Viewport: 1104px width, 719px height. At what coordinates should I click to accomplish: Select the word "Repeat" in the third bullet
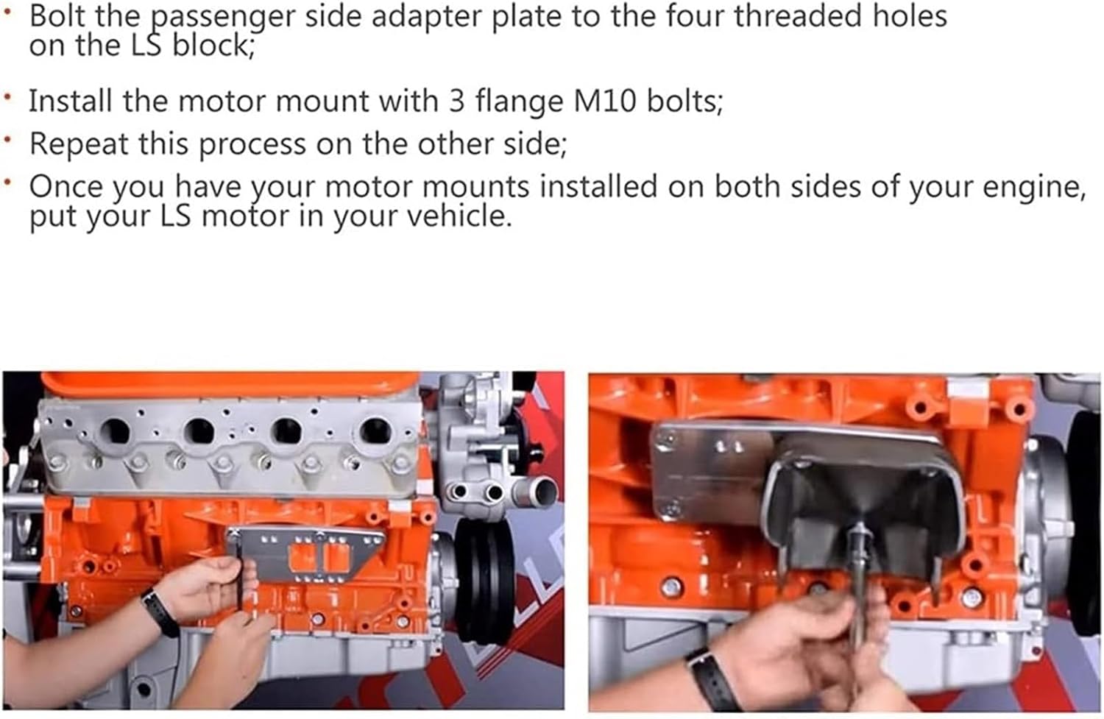(79, 144)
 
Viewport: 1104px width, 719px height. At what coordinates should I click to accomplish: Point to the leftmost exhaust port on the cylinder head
(115, 431)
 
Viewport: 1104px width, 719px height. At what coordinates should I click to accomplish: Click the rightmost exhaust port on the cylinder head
(375, 431)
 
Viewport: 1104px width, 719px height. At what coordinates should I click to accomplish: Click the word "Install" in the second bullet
(71, 101)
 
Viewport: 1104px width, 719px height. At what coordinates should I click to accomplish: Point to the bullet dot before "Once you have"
(7, 182)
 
